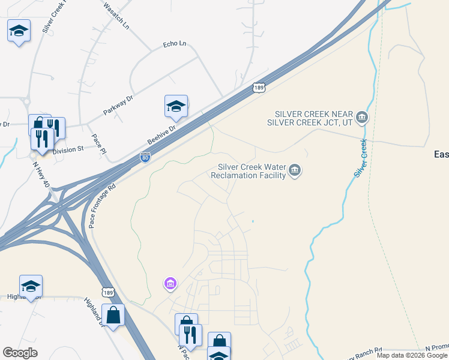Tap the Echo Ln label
point(175,44)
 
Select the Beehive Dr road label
point(161,135)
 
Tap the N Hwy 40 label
point(41,174)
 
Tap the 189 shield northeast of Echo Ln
point(258,88)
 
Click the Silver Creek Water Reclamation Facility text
point(248,171)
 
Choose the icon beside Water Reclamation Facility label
point(295,171)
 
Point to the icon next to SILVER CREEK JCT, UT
point(361,117)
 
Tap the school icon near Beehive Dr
point(176,107)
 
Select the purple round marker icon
point(170,283)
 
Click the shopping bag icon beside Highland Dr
point(113,314)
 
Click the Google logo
point(20,352)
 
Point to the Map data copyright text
point(412,355)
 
